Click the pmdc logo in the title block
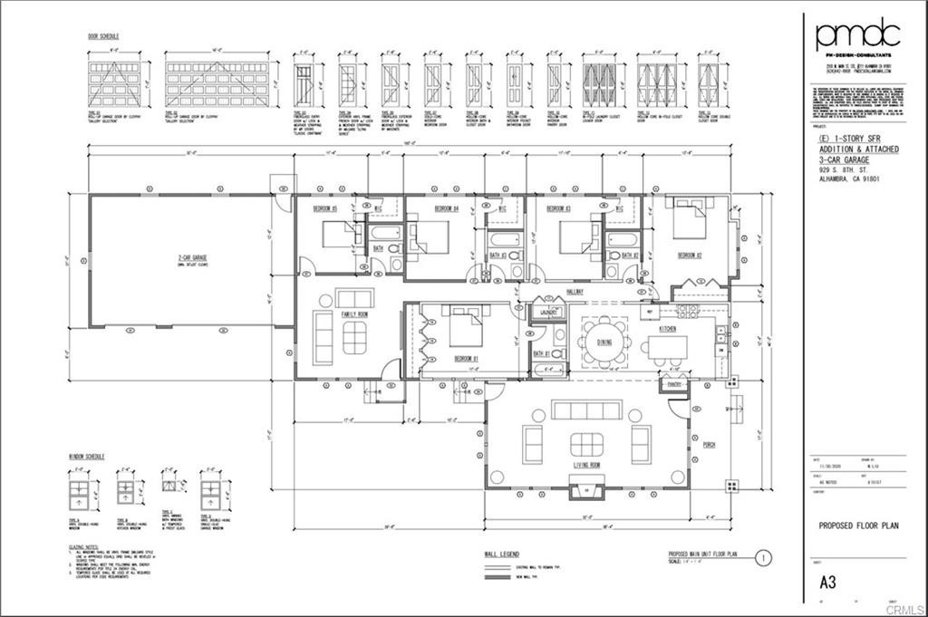[856, 35]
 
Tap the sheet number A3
[826, 582]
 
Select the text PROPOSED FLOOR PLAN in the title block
[858, 525]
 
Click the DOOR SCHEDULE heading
[103, 36]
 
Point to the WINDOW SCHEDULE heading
[86, 457]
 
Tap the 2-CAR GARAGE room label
[190, 257]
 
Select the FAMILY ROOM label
[354, 313]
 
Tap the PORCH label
[709, 445]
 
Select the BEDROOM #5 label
[326, 208]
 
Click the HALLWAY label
[575, 292]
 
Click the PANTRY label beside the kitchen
[673, 384]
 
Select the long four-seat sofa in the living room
[586, 410]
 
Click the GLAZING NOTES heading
[84, 548]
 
